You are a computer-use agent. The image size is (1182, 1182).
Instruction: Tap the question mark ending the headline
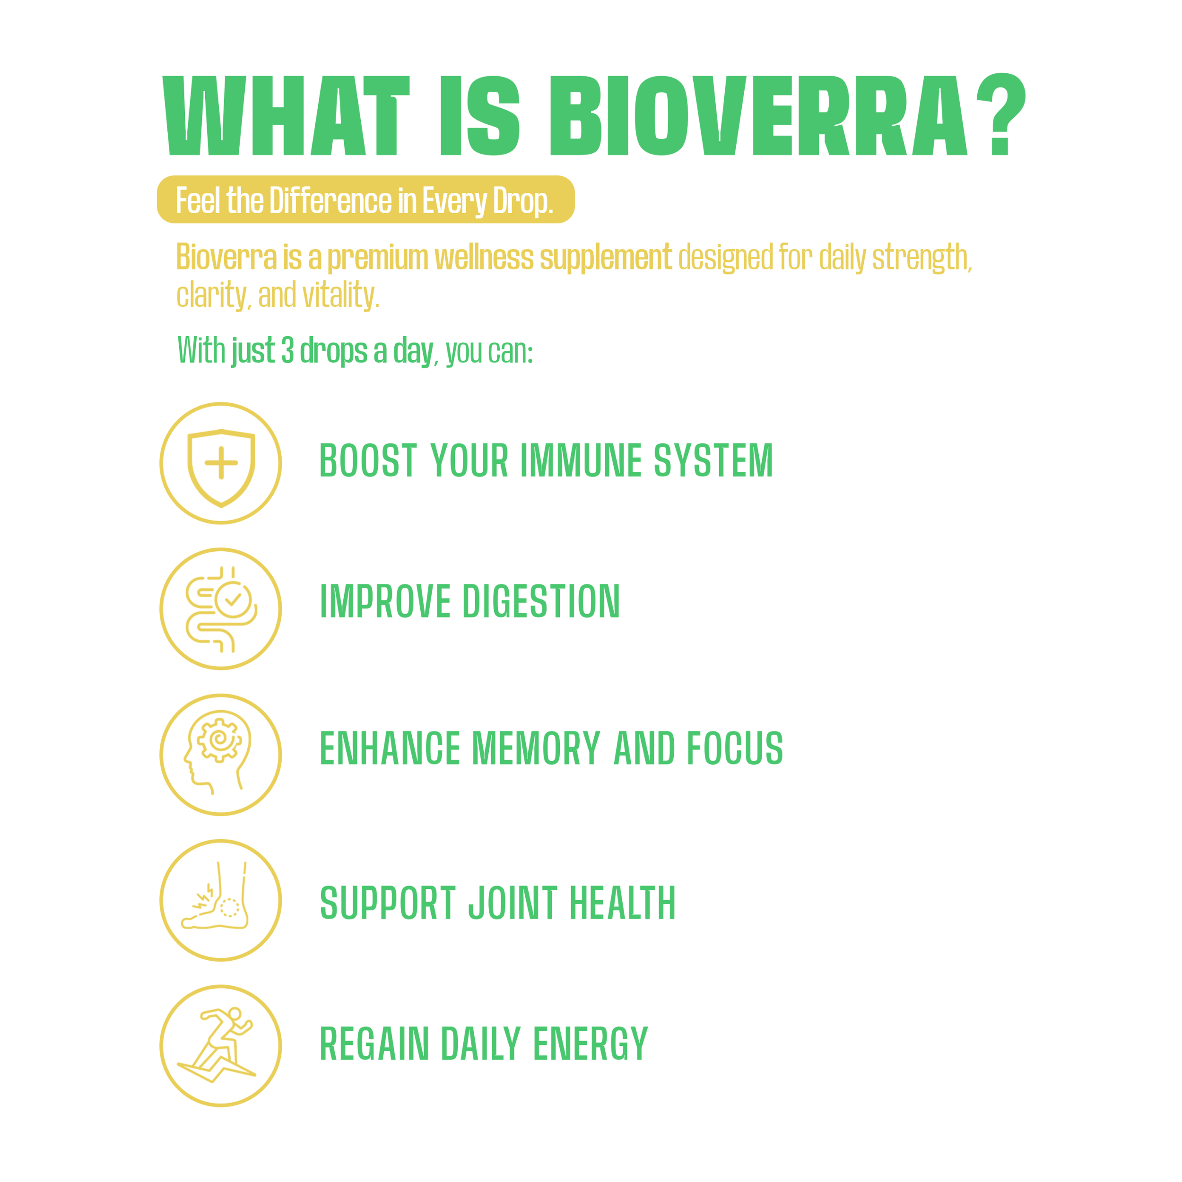pos(1001,114)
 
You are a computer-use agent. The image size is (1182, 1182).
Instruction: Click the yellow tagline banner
pos(366,200)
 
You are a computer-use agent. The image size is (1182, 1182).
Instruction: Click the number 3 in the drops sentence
pos(287,350)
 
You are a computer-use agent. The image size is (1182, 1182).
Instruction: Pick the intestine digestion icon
pos(221,609)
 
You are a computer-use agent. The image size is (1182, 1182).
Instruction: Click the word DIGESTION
pos(541,601)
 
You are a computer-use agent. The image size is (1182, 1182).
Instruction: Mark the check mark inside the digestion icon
pos(233,600)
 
